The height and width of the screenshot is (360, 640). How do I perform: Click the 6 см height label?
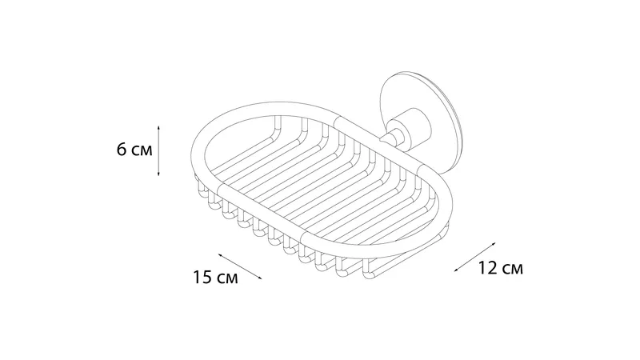click(134, 150)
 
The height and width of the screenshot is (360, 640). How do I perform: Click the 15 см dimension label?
click(215, 278)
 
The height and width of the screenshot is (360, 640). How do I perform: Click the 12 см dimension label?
click(501, 268)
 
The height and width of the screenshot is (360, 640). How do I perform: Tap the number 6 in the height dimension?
click(122, 150)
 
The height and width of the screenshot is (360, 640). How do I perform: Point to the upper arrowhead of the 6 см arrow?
click(158, 128)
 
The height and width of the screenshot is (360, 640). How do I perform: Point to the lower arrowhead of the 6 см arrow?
click(158, 173)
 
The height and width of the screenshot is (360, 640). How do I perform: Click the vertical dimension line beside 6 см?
click(158, 150)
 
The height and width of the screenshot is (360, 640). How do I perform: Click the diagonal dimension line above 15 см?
click(240, 266)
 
